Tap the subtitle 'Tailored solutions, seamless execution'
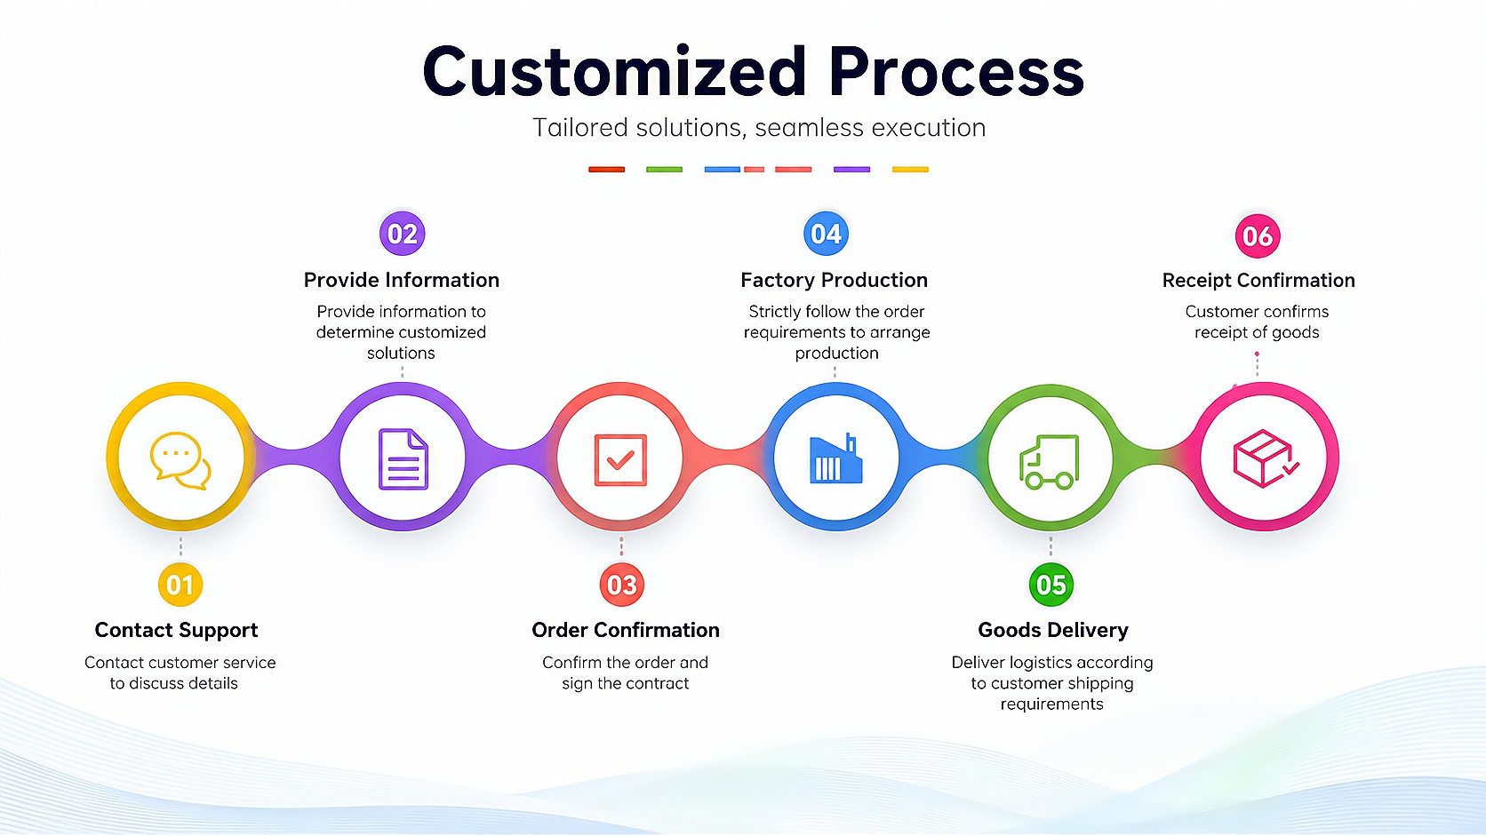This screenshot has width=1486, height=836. [x=759, y=127]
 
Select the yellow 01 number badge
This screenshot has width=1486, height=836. [x=180, y=585]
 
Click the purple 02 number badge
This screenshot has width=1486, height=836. [x=402, y=234]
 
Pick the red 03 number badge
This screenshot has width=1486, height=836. [x=621, y=585]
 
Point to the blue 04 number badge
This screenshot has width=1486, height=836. [x=826, y=234]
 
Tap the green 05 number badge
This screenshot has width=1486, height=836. [x=1051, y=585]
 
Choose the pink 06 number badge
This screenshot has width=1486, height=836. [x=1257, y=236]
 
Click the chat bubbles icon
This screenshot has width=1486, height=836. [x=180, y=461]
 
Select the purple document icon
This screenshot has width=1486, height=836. [x=403, y=458]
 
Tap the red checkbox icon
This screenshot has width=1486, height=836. [x=620, y=460]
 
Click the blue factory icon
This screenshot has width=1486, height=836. [x=835, y=458]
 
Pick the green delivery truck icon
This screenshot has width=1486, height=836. [x=1049, y=462]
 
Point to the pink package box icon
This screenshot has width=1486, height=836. [x=1266, y=458]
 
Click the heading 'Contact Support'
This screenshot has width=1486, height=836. [x=176, y=630]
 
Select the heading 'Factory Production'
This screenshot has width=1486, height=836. [x=834, y=280]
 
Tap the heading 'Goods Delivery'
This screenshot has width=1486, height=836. [x=1053, y=630]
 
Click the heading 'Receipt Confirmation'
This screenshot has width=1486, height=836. [x=1258, y=281]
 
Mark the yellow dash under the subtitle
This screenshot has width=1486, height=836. [x=910, y=170]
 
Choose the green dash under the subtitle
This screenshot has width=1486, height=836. [x=664, y=170]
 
